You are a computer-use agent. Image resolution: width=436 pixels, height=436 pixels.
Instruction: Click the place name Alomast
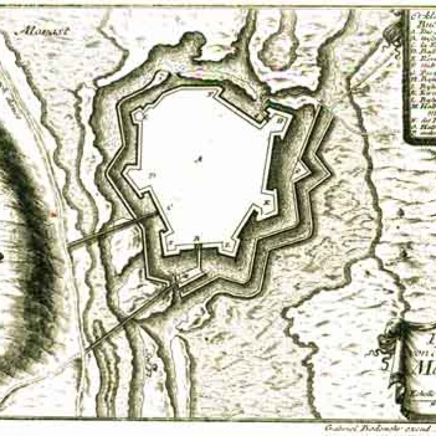pos(37,29)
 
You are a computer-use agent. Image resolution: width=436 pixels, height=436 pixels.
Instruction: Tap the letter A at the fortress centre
pos(199,159)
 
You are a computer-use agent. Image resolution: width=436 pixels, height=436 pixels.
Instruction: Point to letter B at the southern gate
pos(196,237)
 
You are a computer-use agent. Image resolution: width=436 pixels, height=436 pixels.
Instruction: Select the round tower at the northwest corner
pos(141,115)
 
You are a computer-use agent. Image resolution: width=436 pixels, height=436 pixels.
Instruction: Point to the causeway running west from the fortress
pos(109,230)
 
